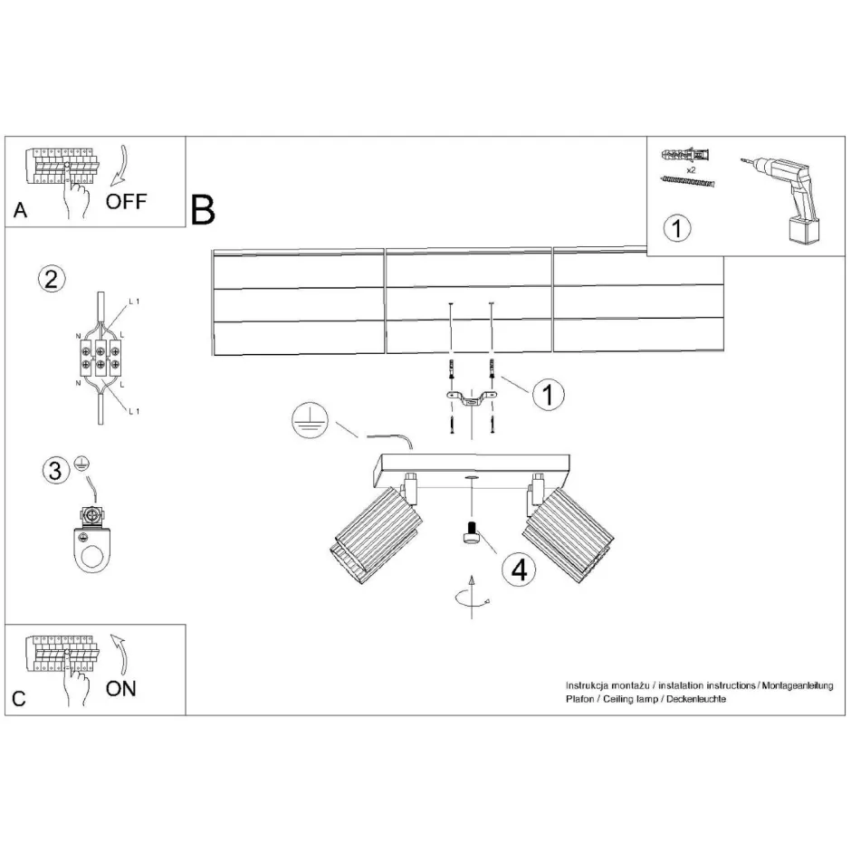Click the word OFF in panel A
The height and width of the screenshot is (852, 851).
click(x=126, y=201)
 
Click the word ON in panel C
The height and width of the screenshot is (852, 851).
click(x=121, y=689)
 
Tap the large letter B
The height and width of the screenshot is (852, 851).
click(x=203, y=210)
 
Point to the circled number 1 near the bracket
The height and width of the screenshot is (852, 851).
click(x=548, y=394)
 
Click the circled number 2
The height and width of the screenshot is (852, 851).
click(x=52, y=278)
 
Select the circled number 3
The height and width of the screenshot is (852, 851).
click(x=55, y=471)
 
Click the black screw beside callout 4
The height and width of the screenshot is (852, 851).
click(x=471, y=536)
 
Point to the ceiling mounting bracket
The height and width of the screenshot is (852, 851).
click(x=470, y=398)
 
